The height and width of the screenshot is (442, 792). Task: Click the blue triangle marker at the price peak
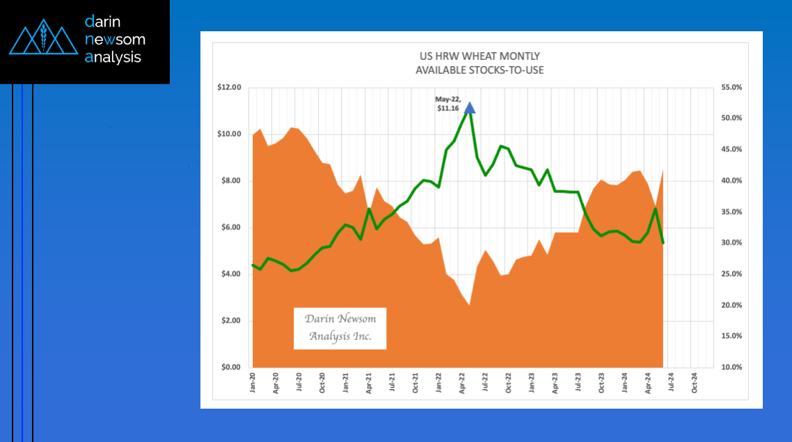tap(470, 108)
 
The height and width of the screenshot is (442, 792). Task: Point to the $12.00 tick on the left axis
tap(229, 88)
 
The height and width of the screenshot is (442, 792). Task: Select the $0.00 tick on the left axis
tap(230, 367)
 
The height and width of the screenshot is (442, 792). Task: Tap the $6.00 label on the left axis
tap(230, 227)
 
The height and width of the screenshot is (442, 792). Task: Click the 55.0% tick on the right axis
tap(730, 88)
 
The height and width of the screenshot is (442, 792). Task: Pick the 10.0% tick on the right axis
tap(730, 367)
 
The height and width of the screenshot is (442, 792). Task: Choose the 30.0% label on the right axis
tap(730, 243)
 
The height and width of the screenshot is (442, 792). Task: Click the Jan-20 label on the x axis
tap(252, 384)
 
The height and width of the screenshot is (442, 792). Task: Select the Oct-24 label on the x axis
tap(695, 384)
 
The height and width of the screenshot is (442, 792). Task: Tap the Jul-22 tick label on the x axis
tap(485, 384)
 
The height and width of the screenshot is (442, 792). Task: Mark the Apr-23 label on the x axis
tap(555, 384)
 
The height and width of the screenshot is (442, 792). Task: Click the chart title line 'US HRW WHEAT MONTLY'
tap(480, 56)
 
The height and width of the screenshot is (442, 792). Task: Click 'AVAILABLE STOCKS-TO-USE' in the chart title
tap(480, 70)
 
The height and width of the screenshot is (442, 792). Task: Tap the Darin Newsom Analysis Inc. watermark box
tap(340, 328)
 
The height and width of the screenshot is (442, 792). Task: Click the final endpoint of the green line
tap(663, 243)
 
